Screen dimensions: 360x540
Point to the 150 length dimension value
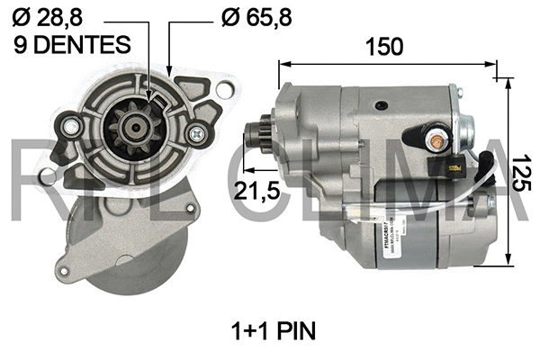pyautogui.click(x=386, y=47)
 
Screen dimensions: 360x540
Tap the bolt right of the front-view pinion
pyautogui.click(x=197, y=134)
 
